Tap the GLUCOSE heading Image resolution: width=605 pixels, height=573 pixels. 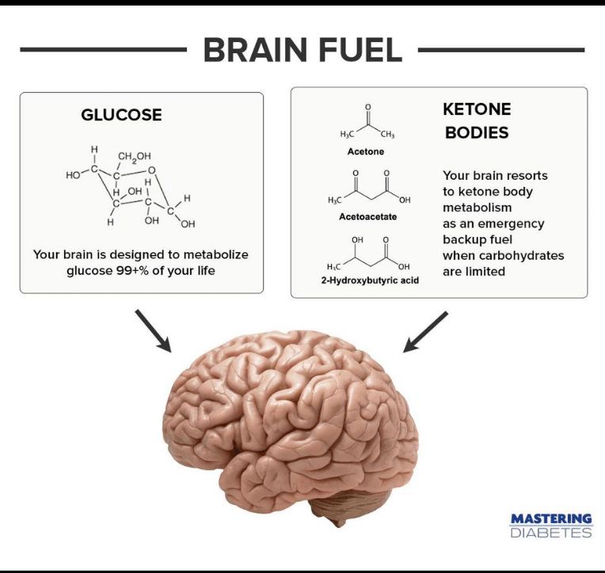121,115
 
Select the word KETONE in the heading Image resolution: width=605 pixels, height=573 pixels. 477,109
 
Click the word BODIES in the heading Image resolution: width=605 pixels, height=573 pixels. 477,132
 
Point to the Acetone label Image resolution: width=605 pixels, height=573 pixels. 366,151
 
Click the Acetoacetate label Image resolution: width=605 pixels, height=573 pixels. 367,216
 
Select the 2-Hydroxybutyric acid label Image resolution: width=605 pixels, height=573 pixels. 370,281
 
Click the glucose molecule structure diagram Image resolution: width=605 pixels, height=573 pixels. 131,187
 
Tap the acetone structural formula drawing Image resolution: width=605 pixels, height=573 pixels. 367,124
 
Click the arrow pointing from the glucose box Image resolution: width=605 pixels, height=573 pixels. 153,330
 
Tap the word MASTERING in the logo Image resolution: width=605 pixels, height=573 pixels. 550,519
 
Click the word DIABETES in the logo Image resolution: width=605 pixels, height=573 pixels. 550,533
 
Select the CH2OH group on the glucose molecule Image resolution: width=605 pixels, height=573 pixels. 135,155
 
